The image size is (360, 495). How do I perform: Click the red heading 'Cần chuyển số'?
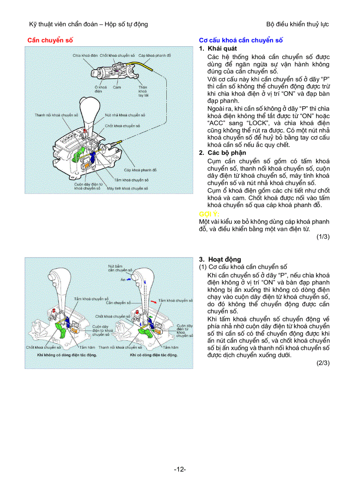(50, 40)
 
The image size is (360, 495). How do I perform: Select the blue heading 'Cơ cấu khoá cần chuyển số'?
(241, 40)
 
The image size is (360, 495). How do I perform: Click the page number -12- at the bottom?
(180, 469)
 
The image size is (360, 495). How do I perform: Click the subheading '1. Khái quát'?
(218, 48)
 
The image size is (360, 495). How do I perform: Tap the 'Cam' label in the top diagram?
(117, 87)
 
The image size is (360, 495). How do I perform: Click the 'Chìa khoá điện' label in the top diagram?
(85, 56)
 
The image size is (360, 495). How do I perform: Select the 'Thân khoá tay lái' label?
(143, 91)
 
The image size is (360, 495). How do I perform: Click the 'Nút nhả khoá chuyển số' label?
(125, 115)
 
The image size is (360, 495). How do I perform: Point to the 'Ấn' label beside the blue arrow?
(123, 279)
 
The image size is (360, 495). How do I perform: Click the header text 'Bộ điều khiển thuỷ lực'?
(298, 24)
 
